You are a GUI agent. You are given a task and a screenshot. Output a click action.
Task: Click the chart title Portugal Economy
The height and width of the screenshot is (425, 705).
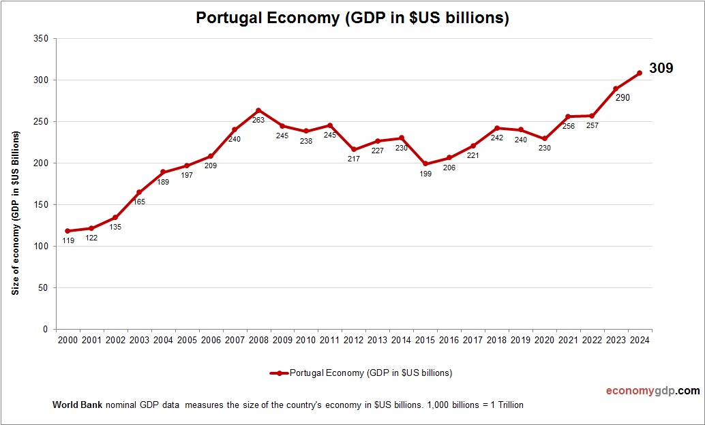(x=352, y=18)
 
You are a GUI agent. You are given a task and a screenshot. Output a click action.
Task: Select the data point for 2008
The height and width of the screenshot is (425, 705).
(x=258, y=110)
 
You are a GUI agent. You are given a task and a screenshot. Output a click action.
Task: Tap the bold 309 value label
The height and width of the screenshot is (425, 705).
(x=661, y=68)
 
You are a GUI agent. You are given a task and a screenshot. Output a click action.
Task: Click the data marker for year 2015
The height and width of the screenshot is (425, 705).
(x=425, y=163)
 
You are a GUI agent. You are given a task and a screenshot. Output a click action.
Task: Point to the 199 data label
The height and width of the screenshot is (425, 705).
(x=425, y=174)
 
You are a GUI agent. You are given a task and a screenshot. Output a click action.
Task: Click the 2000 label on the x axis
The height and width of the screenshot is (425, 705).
(x=67, y=340)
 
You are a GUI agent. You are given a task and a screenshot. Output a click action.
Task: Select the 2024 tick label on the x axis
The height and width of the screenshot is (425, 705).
(x=640, y=340)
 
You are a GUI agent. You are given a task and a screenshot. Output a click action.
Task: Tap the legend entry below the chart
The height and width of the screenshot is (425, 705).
(x=361, y=373)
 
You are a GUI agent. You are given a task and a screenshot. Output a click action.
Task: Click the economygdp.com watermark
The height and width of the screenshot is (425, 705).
(x=652, y=391)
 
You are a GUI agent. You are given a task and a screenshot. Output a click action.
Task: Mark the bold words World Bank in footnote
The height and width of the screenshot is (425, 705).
(x=77, y=405)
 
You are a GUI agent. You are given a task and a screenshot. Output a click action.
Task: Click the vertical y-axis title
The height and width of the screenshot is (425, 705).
(x=16, y=212)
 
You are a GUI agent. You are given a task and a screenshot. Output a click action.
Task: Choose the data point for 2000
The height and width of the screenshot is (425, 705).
(x=67, y=231)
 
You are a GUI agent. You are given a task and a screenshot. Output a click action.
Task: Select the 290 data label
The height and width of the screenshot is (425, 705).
(x=622, y=97)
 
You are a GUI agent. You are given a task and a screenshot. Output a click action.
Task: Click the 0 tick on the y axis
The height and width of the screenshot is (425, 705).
(x=44, y=329)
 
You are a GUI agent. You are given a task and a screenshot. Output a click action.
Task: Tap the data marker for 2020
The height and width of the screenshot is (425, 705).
(x=544, y=138)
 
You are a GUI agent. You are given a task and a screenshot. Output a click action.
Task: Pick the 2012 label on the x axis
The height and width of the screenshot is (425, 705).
(x=353, y=340)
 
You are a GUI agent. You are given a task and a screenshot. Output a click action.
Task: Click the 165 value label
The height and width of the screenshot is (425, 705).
(x=139, y=202)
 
